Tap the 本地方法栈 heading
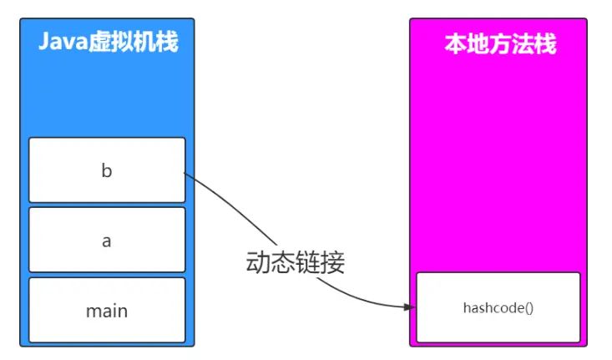(x=499, y=44)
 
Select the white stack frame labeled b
(x=107, y=170)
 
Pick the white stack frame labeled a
(x=107, y=241)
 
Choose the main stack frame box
(x=107, y=311)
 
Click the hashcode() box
(x=498, y=307)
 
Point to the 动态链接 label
(x=295, y=262)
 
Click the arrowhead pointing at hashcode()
(x=409, y=307)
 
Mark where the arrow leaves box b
(x=185, y=173)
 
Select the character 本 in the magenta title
(x=454, y=44)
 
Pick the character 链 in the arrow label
(x=307, y=262)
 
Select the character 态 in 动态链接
(x=282, y=262)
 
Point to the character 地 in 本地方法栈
(x=477, y=44)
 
